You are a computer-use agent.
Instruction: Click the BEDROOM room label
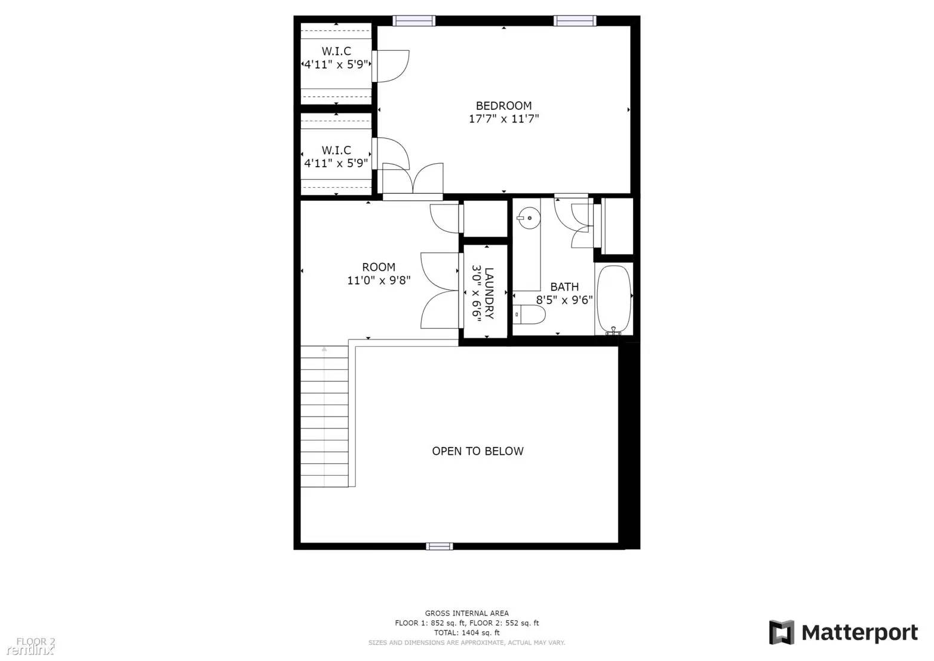click(503, 106)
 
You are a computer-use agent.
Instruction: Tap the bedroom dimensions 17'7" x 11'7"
click(503, 119)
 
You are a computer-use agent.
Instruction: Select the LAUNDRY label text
click(489, 293)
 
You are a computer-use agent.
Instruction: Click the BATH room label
click(564, 287)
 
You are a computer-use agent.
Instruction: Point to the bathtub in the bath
click(614, 299)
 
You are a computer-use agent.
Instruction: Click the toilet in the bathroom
click(530, 315)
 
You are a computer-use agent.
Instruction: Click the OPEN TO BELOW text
click(478, 451)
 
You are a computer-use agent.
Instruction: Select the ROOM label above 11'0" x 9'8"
click(379, 267)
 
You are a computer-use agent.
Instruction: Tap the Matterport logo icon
click(781, 632)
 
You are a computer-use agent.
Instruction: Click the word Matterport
click(859, 632)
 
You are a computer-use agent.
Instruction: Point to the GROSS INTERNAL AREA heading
click(466, 613)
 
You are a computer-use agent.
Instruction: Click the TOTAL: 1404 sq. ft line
click(466, 632)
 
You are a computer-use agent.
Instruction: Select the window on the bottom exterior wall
click(439, 546)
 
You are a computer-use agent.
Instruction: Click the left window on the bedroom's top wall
click(414, 21)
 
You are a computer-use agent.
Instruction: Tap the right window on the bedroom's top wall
click(575, 21)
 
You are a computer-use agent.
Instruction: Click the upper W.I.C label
click(336, 51)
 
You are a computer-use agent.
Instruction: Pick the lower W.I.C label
click(336, 150)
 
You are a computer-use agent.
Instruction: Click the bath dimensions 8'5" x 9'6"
click(564, 300)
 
